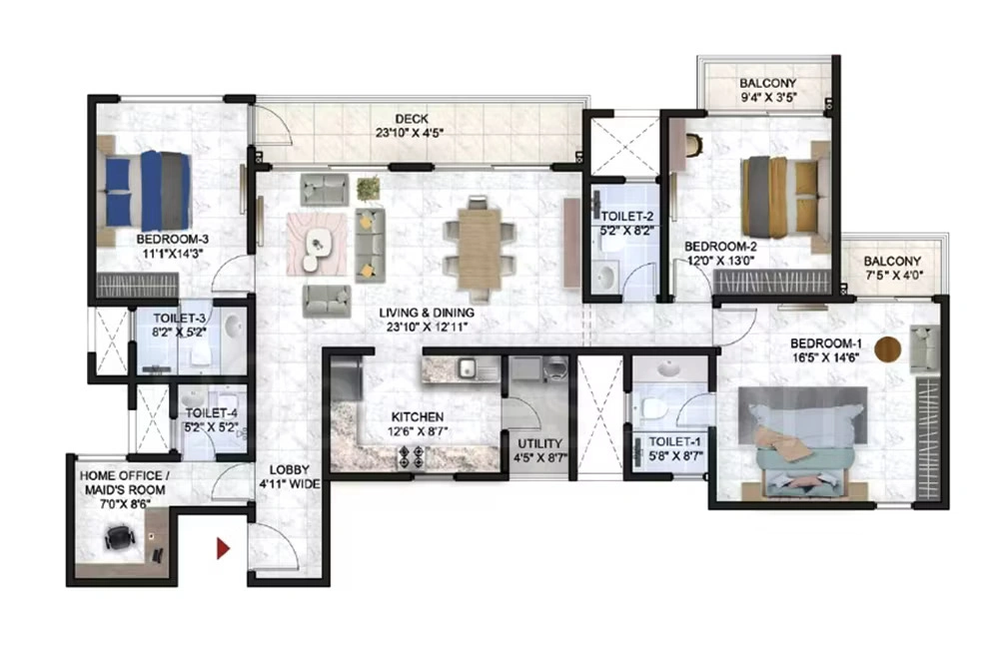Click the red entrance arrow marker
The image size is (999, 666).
(x=224, y=547)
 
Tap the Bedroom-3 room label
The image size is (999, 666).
(x=172, y=239)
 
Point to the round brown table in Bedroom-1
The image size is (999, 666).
(x=888, y=349)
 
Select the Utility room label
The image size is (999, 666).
(x=540, y=443)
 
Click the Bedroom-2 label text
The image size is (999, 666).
(x=719, y=246)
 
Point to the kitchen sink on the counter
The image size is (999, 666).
(x=467, y=367)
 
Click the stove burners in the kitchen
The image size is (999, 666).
(x=412, y=456)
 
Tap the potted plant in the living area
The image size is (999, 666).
(x=369, y=187)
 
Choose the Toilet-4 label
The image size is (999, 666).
(x=210, y=409)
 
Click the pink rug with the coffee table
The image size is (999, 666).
(x=319, y=243)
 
